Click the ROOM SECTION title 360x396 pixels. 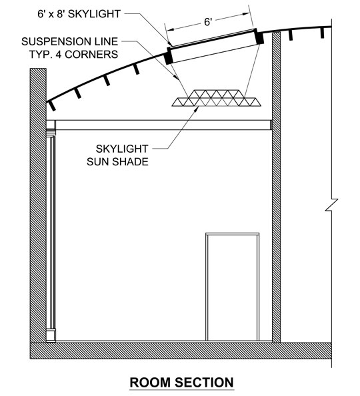pyautogui.click(x=181, y=382)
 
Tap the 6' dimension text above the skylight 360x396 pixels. pyautogui.click(x=207, y=22)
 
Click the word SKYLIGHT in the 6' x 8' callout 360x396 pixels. pyautogui.click(x=95, y=14)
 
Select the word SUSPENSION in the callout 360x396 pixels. pyautogui.click(x=59, y=42)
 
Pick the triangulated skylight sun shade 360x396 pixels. pyautogui.click(x=217, y=98)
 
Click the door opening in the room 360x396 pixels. pyautogui.click(x=233, y=287)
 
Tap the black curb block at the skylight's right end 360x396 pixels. pyautogui.click(x=259, y=37)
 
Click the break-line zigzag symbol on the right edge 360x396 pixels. pyautogui.click(x=331, y=205)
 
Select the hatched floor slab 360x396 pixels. pyautogui.click(x=181, y=351)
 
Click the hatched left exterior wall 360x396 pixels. pyautogui.click(x=38, y=205)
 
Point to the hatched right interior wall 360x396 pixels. pyautogui.click(x=276, y=187)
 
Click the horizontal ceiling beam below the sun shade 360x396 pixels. pyautogui.click(x=163, y=125)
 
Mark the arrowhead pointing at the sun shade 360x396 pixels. pyautogui.click(x=196, y=109)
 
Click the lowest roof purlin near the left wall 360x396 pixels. pyautogui.click(x=52, y=105)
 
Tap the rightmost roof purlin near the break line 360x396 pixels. pyautogui.click(x=322, y=33)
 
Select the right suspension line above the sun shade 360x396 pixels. pyautogui.click(x=252, y=71)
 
